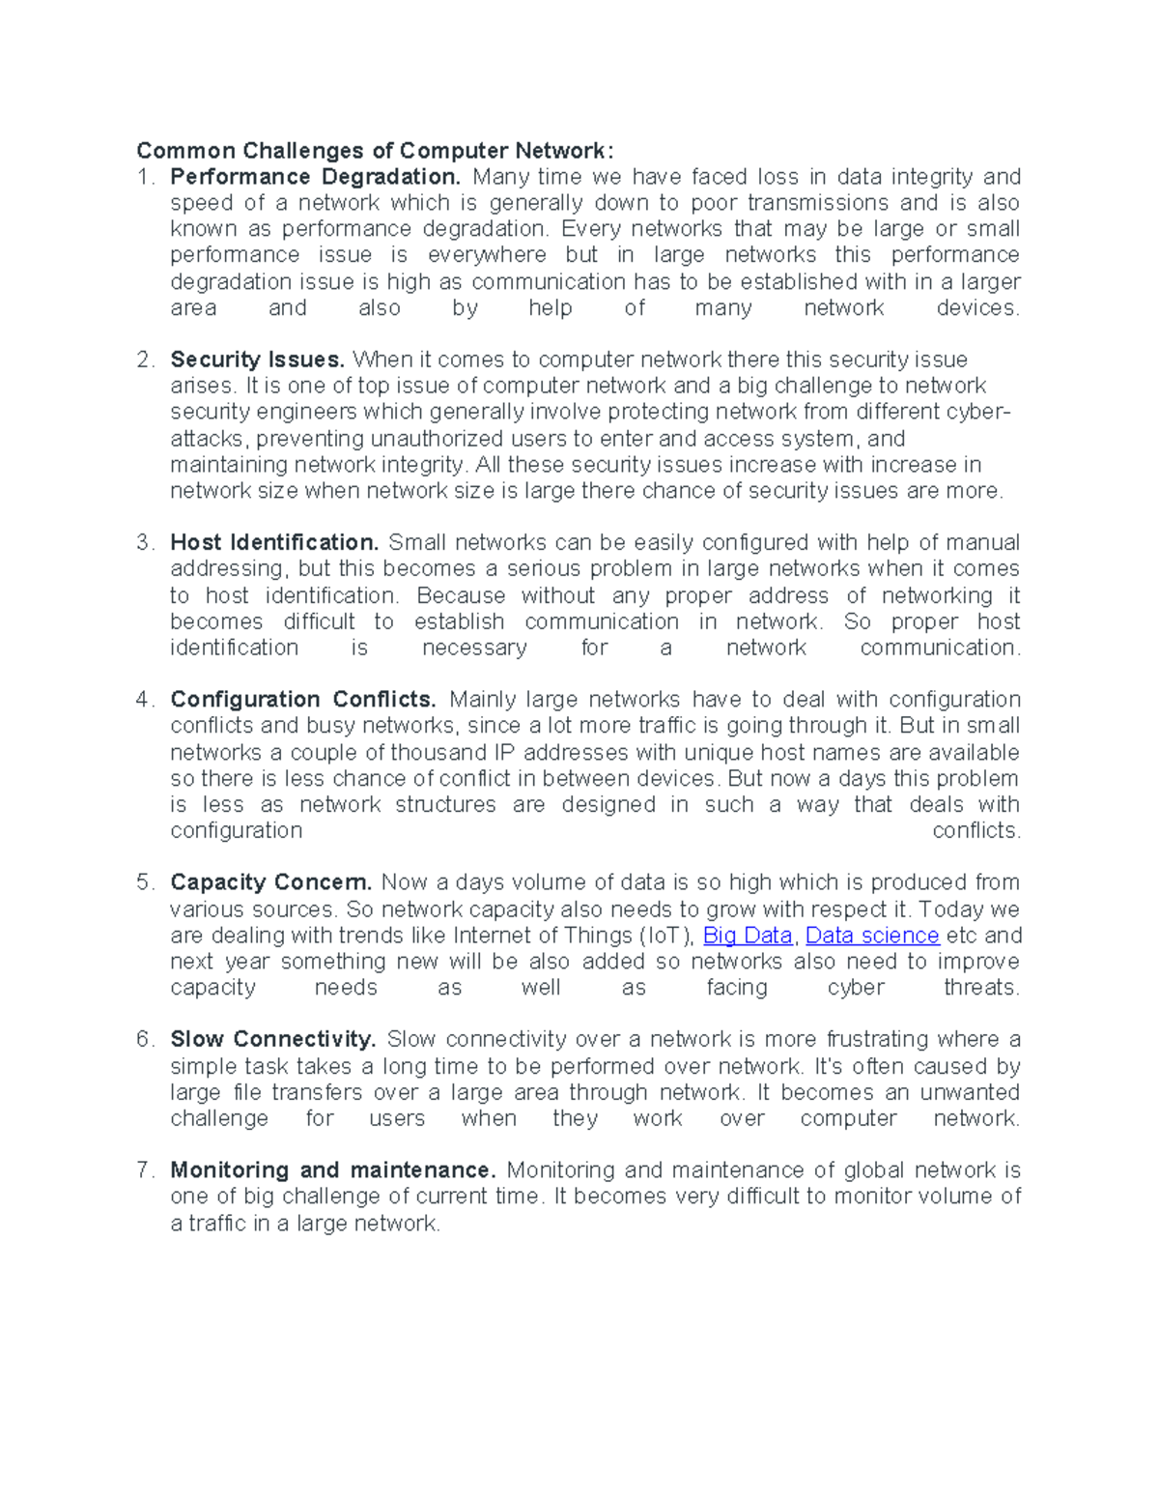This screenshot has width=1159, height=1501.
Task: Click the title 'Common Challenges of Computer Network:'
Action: click(x=374, y=151)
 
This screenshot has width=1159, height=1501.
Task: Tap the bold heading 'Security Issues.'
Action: click(x=257, y=360)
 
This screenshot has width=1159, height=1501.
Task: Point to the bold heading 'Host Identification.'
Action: click(x=274, y=542)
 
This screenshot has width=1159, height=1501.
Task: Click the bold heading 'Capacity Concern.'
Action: click(x=270, y=882)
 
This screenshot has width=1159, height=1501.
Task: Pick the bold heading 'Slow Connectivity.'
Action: click(x=273, y=1039)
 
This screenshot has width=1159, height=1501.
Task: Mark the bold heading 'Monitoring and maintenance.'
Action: click(x=333, y=1170)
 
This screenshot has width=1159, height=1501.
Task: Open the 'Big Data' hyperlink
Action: click(x=748, y=936)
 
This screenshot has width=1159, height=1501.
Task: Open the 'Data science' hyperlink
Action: click(x=872, y=936)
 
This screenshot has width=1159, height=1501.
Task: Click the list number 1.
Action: click(x=145, y=177)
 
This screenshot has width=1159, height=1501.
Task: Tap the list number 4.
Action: click(x=145, y=699)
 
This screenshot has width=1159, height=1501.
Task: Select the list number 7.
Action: click(x=145, y=1170)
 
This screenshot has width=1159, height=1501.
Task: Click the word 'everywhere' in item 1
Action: click(x=487, y=255)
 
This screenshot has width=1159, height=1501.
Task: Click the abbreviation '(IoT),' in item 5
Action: click(x=666, y=936)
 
